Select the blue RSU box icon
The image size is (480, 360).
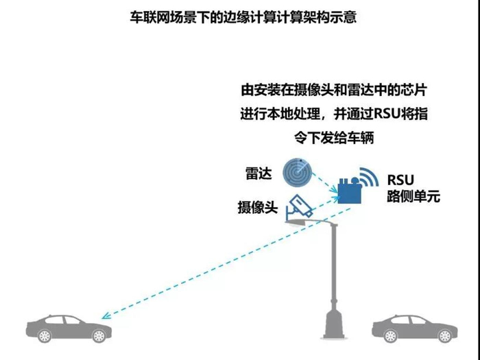coord(350,192)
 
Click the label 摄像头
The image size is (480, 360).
coord(257,208)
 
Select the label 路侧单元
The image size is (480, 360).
coord(412,197)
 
